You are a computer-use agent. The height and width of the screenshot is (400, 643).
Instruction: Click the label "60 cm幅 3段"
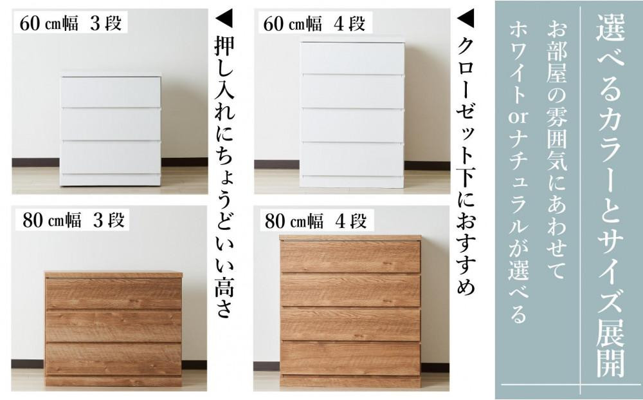pos(71,23)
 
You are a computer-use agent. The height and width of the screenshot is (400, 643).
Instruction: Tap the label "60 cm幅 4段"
pos(314,23)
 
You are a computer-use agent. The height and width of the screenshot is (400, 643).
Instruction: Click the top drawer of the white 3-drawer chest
pos(111,92)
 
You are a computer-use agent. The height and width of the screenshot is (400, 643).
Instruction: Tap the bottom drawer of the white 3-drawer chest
pos(111,157)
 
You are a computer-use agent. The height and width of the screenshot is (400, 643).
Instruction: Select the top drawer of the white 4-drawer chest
pos(352,58)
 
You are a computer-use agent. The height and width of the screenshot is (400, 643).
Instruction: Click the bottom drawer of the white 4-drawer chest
pos(352,159)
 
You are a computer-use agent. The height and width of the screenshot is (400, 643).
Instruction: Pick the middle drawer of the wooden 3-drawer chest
pos(114,326)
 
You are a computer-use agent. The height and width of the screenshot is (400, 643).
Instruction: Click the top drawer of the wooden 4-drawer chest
pos(350,256)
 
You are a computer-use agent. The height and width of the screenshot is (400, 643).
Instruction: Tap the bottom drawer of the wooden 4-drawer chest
pos(350,357)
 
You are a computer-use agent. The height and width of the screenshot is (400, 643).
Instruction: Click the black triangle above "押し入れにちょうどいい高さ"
pos(224,18)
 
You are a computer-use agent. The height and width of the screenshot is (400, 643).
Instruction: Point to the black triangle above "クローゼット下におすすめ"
pos(466,18)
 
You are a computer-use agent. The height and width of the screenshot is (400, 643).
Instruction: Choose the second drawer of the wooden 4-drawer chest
pos(350,290)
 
